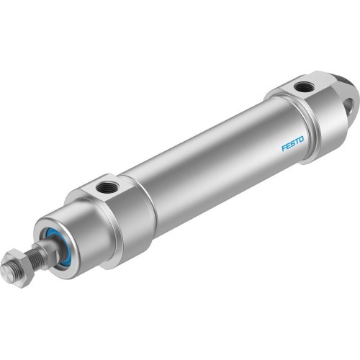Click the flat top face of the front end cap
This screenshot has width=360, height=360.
coord(108,189)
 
